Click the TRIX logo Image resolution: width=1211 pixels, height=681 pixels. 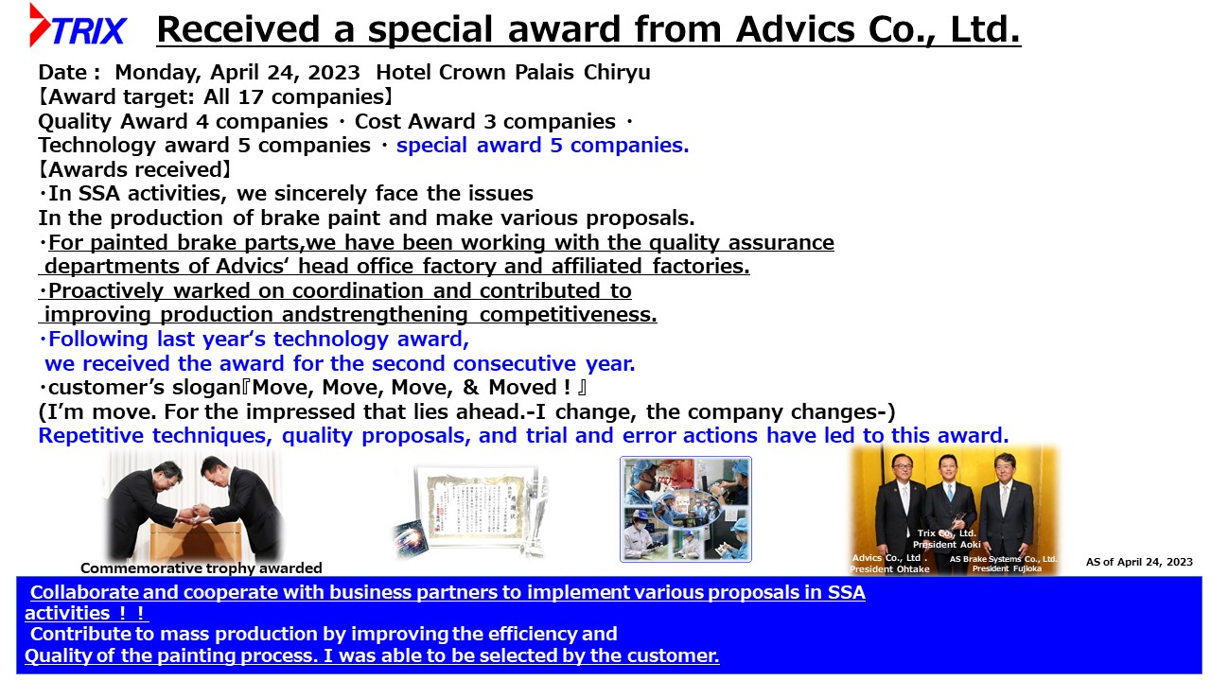click(78, 26)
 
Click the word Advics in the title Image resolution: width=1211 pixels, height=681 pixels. click(796, 29)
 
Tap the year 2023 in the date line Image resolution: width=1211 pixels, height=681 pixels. click(334, 73)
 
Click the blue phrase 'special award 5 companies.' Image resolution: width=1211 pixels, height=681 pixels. click(542, 146)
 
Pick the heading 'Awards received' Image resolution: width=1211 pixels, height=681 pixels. click(134, 169)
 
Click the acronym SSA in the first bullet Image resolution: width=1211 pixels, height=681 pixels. click(99, 194)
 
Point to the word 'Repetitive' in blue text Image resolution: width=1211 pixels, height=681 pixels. click(91, 436)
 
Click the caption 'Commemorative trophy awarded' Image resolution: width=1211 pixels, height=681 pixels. click(202, 568)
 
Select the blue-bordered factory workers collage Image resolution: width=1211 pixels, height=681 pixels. click(686, 509)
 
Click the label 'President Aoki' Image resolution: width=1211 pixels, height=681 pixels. click(947, 544)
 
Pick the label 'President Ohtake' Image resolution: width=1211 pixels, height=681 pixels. click(890, 569)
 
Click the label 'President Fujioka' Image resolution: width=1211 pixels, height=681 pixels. click(1007, 568)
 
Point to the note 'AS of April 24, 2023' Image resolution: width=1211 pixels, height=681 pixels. click(1139, 562)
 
